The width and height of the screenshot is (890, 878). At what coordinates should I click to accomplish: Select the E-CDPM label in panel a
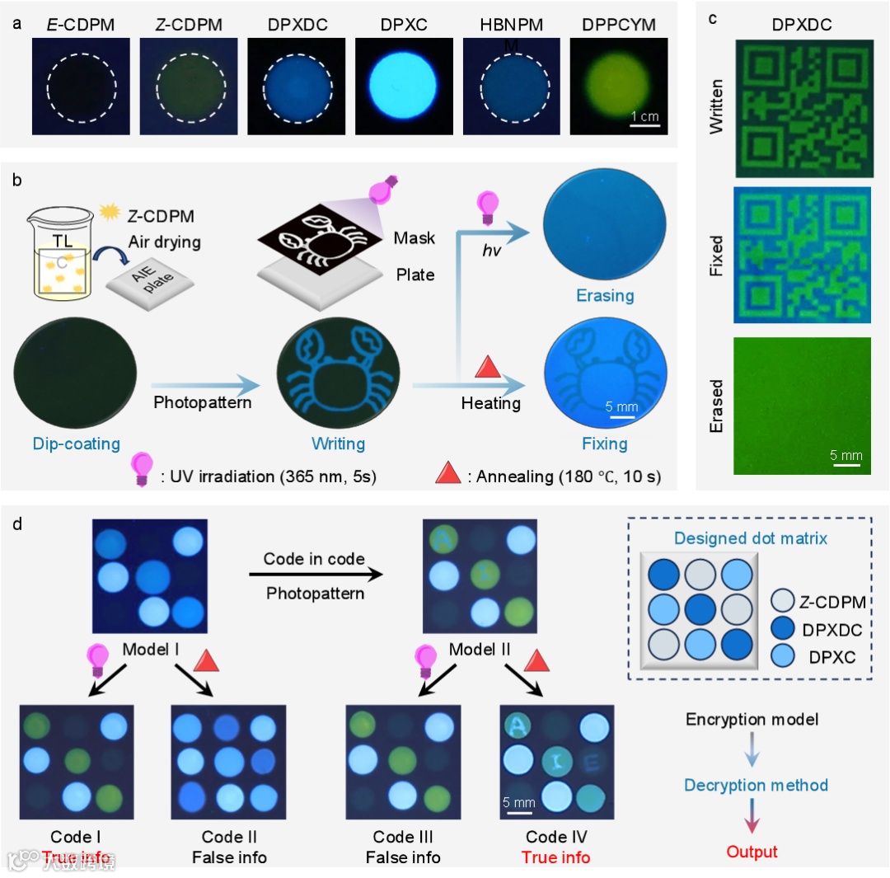click(80, 25)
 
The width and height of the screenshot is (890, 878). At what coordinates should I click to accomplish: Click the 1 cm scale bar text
click(644, 116)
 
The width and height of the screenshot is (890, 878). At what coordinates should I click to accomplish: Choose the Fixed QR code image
click(802, 255)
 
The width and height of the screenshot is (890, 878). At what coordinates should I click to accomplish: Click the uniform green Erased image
click(802, 406)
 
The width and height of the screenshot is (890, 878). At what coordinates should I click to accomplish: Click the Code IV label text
click(556, 838)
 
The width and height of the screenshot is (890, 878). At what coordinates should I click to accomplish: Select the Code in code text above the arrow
click(314, 558)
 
